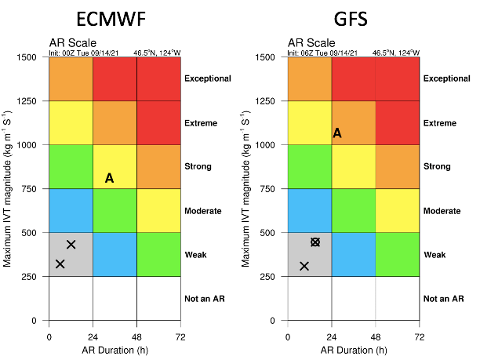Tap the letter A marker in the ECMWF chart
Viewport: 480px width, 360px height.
(109, 179)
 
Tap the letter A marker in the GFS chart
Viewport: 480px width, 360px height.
(337, 133)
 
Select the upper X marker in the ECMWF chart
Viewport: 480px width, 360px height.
(71, 245)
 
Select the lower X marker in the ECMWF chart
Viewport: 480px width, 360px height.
(60, 264)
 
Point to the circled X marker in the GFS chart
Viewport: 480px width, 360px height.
(315, 242)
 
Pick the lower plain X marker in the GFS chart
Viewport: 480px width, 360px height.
(304, 267)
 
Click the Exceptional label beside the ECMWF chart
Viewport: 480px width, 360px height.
(208, 78)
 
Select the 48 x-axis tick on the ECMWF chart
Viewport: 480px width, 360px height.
(136, 336)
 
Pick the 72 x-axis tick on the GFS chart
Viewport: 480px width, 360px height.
(420, 336)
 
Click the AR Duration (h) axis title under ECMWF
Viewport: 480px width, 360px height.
(115, 350)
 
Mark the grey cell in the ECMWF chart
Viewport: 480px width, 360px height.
(71, 255)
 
